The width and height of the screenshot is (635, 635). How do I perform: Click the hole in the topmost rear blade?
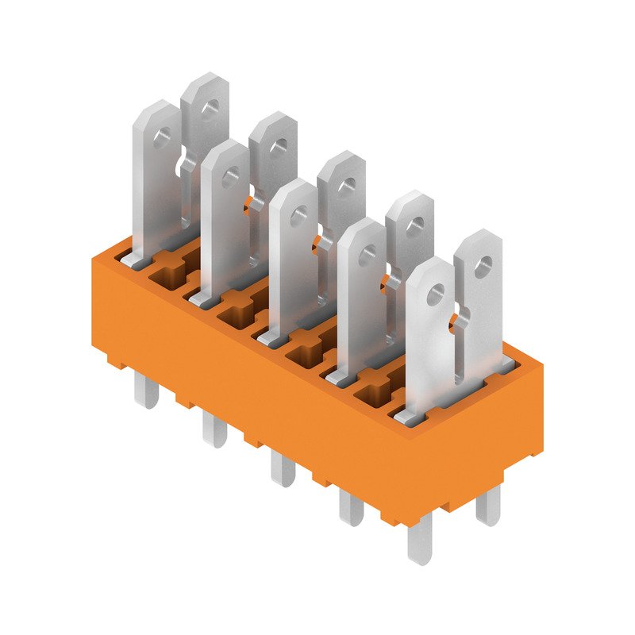210,106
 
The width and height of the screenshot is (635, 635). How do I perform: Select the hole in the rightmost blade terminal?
482,265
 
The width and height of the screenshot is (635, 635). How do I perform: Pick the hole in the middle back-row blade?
346,186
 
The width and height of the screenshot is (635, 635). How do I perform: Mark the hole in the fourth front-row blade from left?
368,256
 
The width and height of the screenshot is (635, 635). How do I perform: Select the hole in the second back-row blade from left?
278,146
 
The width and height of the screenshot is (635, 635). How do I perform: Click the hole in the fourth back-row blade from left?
414,225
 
